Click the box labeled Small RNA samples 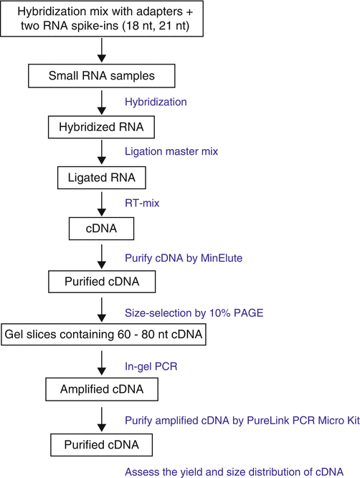101,77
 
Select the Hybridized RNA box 101,128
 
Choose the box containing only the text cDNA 101,230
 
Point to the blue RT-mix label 142,203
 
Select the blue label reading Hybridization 156,102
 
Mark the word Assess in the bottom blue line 143,472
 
